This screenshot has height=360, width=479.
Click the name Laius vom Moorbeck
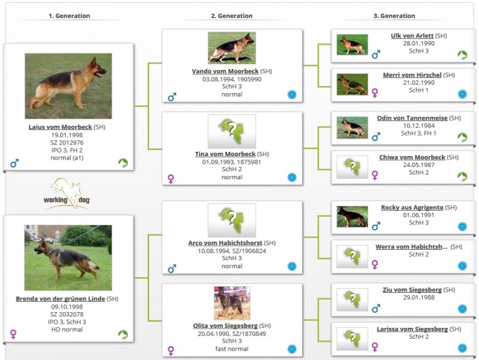(x=60, y=127)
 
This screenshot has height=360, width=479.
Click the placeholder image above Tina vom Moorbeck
(x=231, y=131)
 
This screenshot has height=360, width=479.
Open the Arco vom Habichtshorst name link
(x=224, y=243)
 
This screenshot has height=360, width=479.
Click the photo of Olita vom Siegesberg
(x=231, y=303)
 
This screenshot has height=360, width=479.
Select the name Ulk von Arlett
(x=412, y=36)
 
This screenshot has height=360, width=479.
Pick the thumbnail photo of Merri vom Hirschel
(x=352, y=84)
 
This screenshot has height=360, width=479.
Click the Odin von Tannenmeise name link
(x=412, y=118)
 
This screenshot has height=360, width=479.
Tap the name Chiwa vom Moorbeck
(x=412, y=157)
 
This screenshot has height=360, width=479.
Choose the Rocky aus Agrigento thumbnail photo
(x=352, y=216)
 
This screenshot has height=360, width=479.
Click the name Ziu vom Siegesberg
(x=412, y=290)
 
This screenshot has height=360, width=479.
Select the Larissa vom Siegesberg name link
(x=412, y=329)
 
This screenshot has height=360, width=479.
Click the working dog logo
(x=69, y=194)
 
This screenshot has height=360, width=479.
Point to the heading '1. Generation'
(x=69, y=16)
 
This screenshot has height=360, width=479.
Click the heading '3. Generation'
(x=394, y=16)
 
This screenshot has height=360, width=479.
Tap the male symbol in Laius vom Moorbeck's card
(x=14, y=164)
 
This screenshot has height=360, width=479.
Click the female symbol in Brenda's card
(x=13, y=334)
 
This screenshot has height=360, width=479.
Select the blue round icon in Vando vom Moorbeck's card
(x=292, y=94)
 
